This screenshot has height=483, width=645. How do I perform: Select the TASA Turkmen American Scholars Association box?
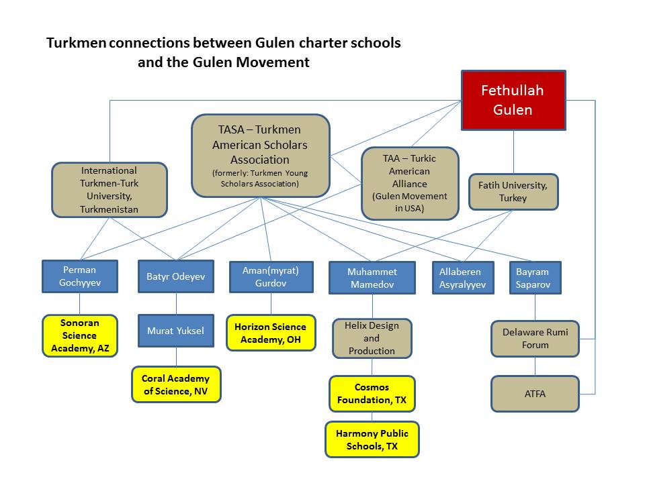[261, 156]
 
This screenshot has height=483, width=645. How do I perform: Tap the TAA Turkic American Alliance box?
[410, 183]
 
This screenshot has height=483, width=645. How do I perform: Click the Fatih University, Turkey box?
[513, 192]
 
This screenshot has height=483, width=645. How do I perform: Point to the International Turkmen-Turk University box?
[109, 190]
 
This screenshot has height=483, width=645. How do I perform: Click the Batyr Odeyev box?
[176, 276]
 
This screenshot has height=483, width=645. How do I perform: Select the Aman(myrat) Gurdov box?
[271, 276]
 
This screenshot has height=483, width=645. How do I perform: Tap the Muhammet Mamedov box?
[372, 278]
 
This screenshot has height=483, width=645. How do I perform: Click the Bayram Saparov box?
[535, 278]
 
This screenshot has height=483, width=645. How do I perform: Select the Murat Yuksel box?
[176, 331]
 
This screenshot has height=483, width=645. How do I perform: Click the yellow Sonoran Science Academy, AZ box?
[80, 335]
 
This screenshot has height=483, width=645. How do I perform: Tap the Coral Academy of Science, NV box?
[176, 384]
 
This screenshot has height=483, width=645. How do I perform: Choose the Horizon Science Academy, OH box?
[270, 333]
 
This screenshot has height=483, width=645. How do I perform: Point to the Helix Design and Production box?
[372, 338]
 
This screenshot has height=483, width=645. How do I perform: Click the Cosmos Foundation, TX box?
[372, 394]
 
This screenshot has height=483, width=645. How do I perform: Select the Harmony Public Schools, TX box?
[372, 439]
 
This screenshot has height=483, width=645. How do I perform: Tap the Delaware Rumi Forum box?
[535, 338]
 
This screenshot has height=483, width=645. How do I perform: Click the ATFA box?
[535, 394]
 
